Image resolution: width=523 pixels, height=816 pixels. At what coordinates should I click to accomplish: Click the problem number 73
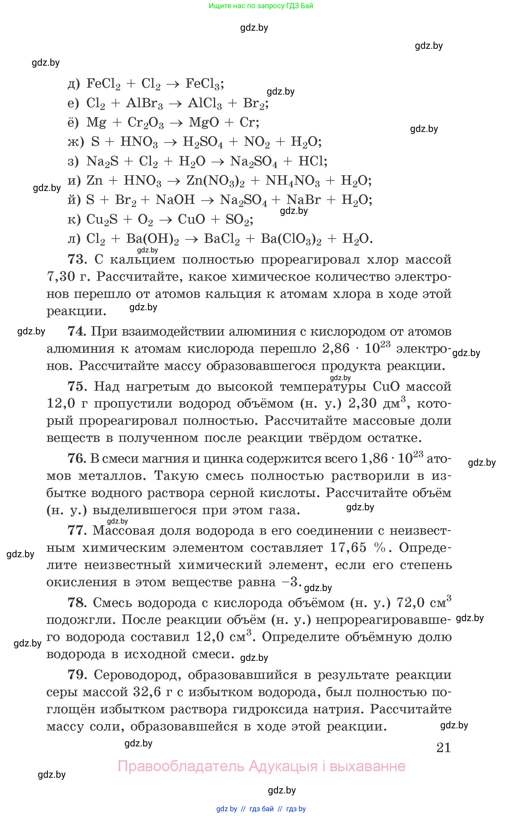[x=77, y=259]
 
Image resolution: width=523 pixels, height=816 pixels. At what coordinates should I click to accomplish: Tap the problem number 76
[x=77, y=458]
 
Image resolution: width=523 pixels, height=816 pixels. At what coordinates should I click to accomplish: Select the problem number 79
[x=77, y=675]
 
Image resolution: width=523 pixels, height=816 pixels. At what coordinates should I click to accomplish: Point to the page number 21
[x=443, y=747]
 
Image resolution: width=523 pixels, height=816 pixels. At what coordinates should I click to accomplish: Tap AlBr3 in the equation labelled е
[x=144, y=103]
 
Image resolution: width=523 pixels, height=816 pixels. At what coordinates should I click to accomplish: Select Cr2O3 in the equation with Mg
[x=145, y=123]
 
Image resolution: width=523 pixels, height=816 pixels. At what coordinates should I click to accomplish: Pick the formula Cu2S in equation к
[x=102, y=220]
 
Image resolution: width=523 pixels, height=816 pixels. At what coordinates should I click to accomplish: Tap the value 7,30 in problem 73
[x=61, y=277]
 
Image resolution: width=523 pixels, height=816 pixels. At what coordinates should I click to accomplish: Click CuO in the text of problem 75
[x=386, y=386]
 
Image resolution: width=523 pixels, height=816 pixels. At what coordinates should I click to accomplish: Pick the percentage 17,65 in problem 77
[x=348, y=547]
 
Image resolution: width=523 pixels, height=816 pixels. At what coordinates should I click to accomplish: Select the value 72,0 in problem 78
[x=410, y=603]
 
